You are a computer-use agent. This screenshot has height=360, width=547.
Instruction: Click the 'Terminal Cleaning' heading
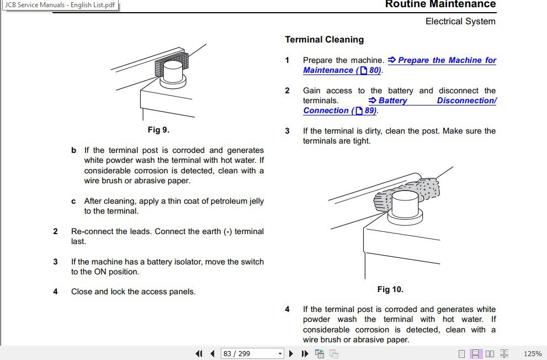point(324,40)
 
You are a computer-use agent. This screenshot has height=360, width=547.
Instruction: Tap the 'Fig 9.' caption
point(158,130)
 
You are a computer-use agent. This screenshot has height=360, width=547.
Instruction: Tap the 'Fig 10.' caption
point(390,289)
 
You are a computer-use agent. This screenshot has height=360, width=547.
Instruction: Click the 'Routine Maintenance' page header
point(440,4)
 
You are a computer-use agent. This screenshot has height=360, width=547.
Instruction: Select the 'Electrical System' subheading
point(460,22)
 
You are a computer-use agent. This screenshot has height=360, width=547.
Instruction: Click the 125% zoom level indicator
point(532,353)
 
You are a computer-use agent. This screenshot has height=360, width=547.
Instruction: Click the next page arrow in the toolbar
point(291,353)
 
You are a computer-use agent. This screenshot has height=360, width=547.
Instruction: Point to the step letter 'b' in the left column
point(73,150)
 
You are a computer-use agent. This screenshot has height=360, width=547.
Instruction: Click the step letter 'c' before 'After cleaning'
point(73,201)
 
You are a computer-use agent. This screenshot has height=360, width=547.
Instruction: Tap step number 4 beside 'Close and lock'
point(55,292)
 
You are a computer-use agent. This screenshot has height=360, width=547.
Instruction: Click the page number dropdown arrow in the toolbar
point(280,353)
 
